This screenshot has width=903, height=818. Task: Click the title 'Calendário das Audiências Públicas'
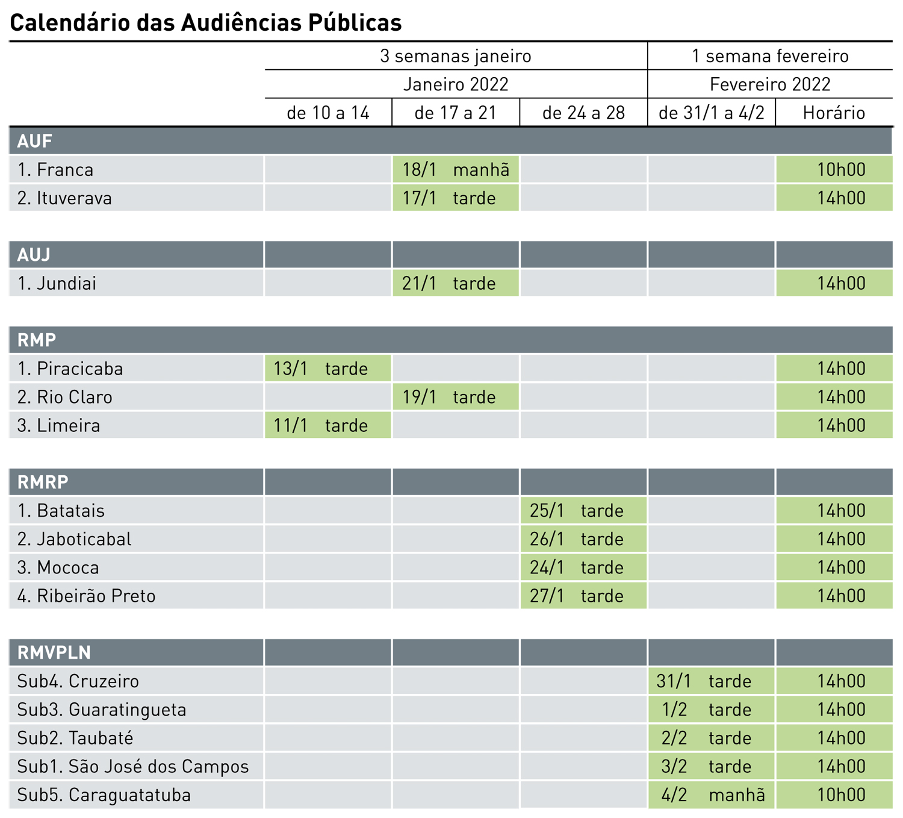pos(206,23)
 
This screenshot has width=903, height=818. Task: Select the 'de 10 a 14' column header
pos(328,113)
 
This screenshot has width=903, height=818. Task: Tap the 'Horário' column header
pos(834,113)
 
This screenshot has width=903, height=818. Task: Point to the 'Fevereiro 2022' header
pos(770,84)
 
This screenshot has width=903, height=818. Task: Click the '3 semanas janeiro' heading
pos(456,56)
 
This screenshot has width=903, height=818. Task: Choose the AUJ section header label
pos(34,255)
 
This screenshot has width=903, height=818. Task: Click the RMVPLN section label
pos(54,652)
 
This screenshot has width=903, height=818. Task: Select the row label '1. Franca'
pos(55,170)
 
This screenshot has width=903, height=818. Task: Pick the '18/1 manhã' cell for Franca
pos(456,170)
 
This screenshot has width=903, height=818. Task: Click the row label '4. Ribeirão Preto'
pos(87,596)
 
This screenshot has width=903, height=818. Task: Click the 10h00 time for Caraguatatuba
pos(841,795)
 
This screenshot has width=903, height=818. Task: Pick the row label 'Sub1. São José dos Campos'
pos(133,767)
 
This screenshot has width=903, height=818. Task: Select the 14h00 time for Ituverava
pos(841,198)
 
